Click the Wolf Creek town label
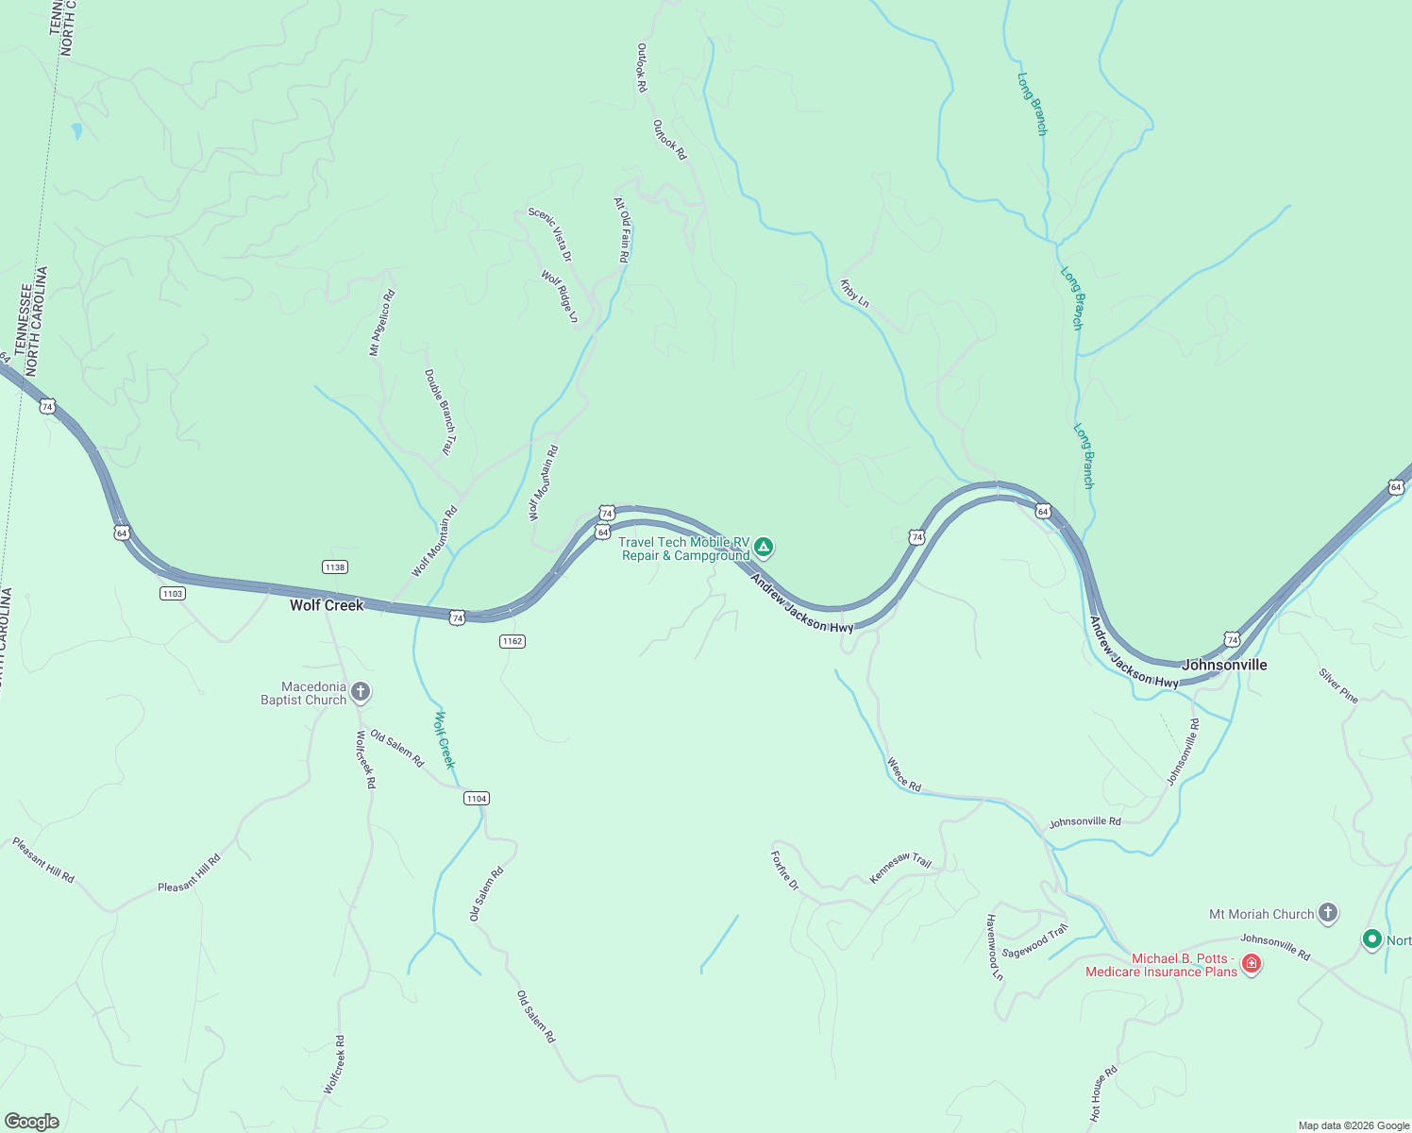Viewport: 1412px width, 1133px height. tap(327, 605)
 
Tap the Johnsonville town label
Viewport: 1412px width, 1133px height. tap(1224, 665)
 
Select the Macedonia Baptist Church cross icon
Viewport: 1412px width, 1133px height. tap(361, 693)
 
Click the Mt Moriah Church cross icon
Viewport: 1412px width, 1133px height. tap(1328, 913)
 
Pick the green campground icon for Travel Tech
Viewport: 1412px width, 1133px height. tap(763, 547)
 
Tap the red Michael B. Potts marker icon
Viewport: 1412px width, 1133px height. tap(1252, 964)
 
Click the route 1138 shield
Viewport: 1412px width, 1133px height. tap(334, 566)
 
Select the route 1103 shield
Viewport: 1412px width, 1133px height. tap(173, 593)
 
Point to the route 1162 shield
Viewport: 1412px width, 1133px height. tap(512, 641)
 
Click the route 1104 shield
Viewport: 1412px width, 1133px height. tap(477, 799)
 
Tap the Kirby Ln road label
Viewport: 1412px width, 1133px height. tap(854, 293)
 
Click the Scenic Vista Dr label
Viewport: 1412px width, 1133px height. tap(550, 234)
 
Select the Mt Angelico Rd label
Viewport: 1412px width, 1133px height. tap(382, 323)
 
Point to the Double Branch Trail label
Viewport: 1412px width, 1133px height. tap(440, 413)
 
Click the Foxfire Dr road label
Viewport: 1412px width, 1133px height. tap(784, 871)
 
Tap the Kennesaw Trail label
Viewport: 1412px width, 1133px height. tap(900, 868)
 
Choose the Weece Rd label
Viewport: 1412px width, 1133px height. tap(903, 774)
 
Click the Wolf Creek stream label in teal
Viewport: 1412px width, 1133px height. tap(444, 739)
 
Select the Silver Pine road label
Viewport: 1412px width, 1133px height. tap(1338, 686)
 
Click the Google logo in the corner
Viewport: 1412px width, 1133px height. tap(31, 1122)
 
